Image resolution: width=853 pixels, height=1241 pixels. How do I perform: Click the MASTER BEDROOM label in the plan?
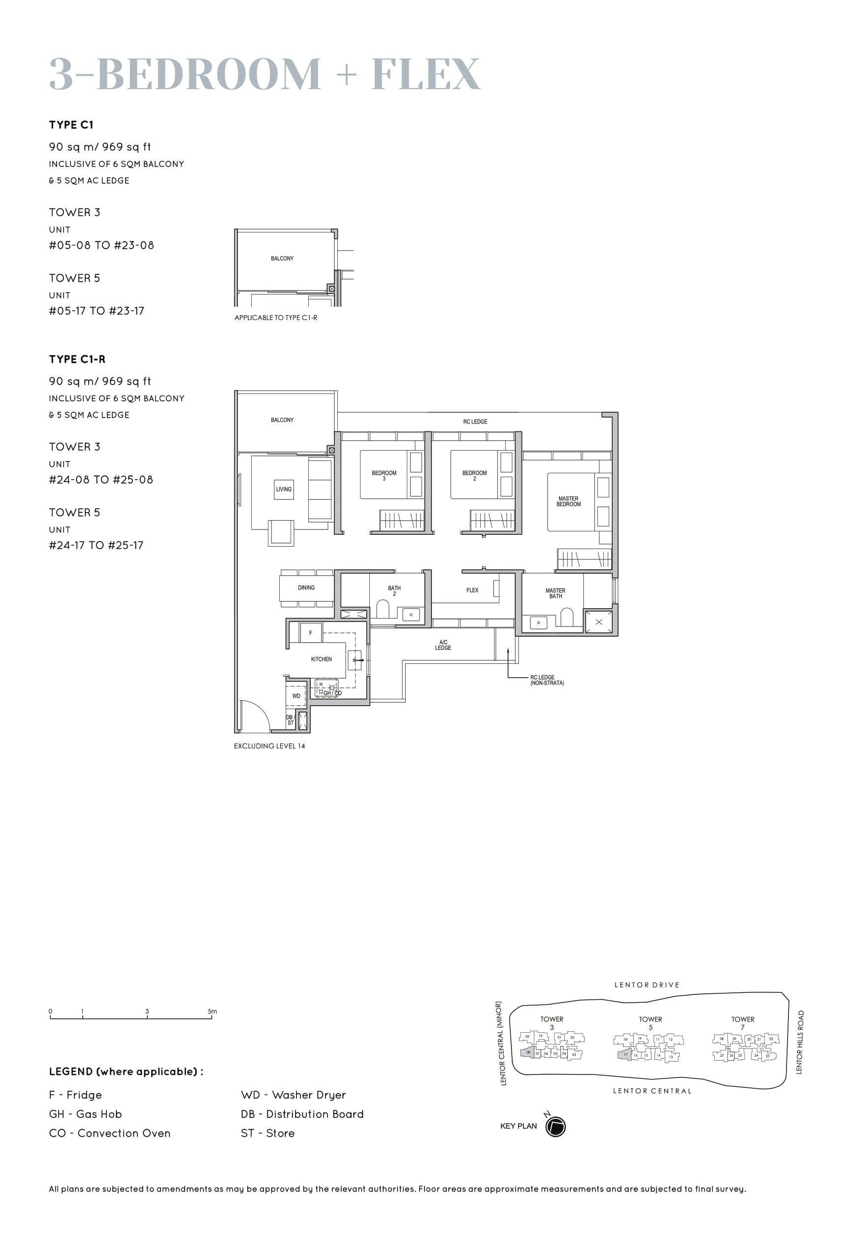568,501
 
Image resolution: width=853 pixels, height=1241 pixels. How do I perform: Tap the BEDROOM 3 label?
384,476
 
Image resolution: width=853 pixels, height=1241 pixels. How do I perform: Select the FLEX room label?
472,590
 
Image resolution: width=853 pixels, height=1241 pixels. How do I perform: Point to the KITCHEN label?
321,659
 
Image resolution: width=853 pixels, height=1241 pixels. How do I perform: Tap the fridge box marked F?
311,633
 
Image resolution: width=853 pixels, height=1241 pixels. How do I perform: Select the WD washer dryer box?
296,696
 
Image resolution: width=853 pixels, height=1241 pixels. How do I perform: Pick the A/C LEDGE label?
443,645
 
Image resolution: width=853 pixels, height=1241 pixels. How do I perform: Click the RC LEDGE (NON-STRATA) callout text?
547,680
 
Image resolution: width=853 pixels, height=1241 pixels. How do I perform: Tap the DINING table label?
306,588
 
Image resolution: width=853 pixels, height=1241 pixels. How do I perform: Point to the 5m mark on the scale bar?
212,1011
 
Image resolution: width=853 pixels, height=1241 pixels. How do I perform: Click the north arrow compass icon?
556,1127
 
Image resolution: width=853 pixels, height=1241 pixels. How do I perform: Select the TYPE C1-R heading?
77,359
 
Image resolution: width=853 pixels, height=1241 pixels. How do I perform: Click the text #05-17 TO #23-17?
97,311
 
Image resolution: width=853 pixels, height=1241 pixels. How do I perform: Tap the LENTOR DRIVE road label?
647,985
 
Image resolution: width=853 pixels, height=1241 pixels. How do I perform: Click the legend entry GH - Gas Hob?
86,1114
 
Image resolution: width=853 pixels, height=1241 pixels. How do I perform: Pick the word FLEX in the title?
426,74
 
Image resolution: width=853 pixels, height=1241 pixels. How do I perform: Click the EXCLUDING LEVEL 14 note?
269,746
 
